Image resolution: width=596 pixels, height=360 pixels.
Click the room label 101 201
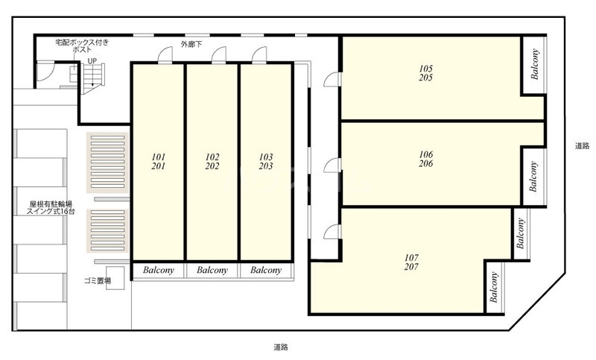(x=159, y=162)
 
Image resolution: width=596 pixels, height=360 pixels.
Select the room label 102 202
(x=212, y=162)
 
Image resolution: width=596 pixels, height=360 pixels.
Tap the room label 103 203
(x=266, y=162)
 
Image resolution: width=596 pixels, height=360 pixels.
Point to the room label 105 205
(x=425, y=73)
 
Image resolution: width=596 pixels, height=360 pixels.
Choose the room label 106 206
(x=425, y=159)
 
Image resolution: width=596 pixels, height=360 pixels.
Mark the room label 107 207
(x=411, y=262)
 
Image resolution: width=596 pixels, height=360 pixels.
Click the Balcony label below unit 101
(x=159, y=271)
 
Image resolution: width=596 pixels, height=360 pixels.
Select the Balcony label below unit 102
(x=212, y=271)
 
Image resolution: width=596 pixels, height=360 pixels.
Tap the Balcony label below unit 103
(x=266, y=271)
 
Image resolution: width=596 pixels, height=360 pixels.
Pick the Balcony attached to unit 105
(x=535, y=64)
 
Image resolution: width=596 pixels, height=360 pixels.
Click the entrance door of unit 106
(x=332, y=165)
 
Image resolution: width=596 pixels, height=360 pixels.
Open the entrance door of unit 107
(x=332, y=232)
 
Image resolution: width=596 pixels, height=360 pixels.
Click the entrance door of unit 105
(x=332, y=80)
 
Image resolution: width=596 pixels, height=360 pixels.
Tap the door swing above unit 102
(x=219, y=54)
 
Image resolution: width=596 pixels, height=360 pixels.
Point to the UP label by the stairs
(x=92, y=61)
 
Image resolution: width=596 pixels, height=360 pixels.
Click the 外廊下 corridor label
(x=191, y=45)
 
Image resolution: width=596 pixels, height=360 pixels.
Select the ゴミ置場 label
(x=98, y=281)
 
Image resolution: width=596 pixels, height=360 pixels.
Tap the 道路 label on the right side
(x=582, y=145)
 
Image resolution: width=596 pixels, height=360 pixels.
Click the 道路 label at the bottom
(x=281, y=347)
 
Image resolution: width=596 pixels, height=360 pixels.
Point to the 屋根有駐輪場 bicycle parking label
(x=51, y=204)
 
